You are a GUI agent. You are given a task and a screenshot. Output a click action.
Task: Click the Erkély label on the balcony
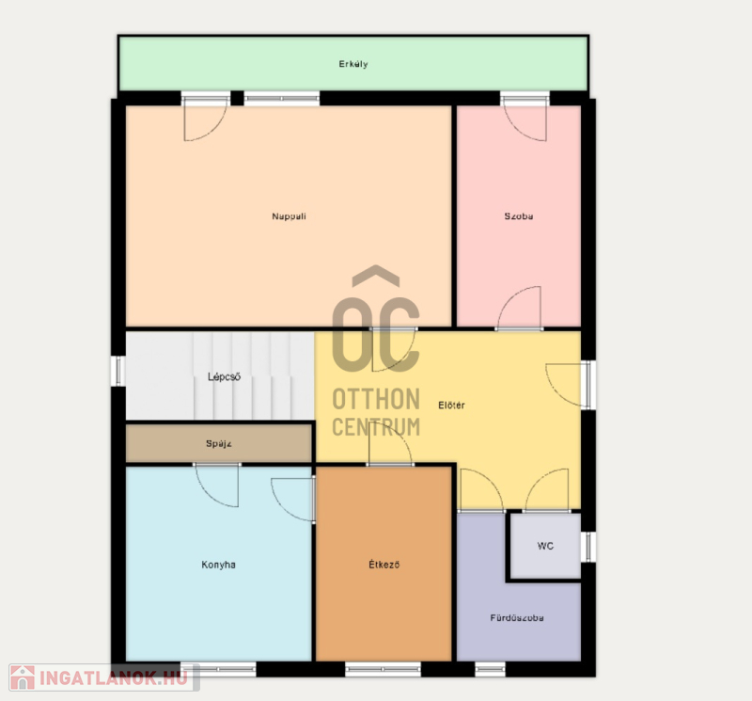click(x=353, y=64)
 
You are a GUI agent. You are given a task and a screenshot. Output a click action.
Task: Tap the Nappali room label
click(x=289, y=216)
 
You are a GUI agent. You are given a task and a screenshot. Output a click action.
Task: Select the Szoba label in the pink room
click(x=519, y=216)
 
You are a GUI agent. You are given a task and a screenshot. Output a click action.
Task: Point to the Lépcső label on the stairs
click(x=224, y=376)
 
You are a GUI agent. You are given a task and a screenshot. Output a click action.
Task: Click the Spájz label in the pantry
click(x=219, y=443)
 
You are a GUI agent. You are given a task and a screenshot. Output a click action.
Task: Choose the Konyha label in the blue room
click(x=218, y=565)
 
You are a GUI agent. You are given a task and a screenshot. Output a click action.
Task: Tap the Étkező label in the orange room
click(x=384, y=565)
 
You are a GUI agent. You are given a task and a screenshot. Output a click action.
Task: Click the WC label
click(x=545, y=546)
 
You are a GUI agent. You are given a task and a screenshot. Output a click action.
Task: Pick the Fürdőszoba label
click(x=517, y=618)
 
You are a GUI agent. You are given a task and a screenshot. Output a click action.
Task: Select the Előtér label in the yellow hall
click(x=451, y=406)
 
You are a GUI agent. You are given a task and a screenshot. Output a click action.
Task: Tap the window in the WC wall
click(x=588, y=547)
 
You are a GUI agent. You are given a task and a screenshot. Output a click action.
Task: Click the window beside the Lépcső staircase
click(x=118, y=371)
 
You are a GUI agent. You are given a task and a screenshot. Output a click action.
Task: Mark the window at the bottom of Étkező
click(x=384, y=668)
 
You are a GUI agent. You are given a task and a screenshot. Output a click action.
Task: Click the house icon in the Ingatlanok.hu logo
click(x=23, y=677)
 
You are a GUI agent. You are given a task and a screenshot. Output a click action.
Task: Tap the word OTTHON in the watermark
click(x=376, y=400)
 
